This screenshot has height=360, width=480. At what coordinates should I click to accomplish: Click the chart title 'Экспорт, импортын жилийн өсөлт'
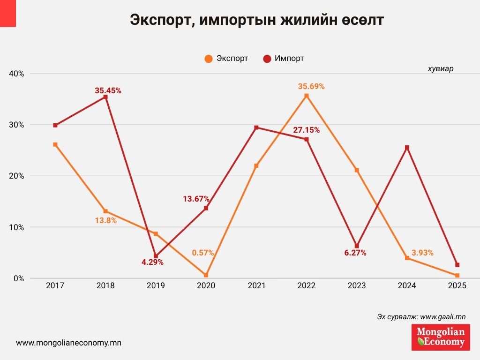tap(257, 21)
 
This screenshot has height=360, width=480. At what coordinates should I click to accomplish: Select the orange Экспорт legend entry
tap(226, 59)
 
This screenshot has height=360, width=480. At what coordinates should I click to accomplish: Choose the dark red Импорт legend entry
tap(284, 59)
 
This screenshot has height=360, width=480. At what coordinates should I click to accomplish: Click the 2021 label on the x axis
tap(256, 285)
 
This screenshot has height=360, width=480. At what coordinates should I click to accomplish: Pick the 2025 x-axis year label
tap(457, 285)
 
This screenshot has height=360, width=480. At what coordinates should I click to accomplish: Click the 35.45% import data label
tap(108, 91)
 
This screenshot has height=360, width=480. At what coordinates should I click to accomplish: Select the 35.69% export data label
tap(311, 87)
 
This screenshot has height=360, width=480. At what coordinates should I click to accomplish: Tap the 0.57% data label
tap(202, 253)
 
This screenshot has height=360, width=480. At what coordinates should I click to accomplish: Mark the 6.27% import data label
tap(354, 253)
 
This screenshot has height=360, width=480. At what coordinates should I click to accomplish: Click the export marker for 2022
tap(307, 96)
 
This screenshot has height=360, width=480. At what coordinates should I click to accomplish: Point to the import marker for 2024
tap(407, 148)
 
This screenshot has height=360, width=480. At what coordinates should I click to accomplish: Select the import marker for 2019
tap(156, 256)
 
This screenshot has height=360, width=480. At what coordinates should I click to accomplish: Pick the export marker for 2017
tap(55, 144)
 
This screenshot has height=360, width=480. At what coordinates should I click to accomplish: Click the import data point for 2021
tap(256, 127)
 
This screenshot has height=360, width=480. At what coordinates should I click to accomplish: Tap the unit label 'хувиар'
tap(440, 68)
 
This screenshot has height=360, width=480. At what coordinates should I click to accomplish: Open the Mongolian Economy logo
tap(440, 337)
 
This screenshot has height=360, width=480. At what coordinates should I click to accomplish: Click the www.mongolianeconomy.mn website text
tap(68, 343)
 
